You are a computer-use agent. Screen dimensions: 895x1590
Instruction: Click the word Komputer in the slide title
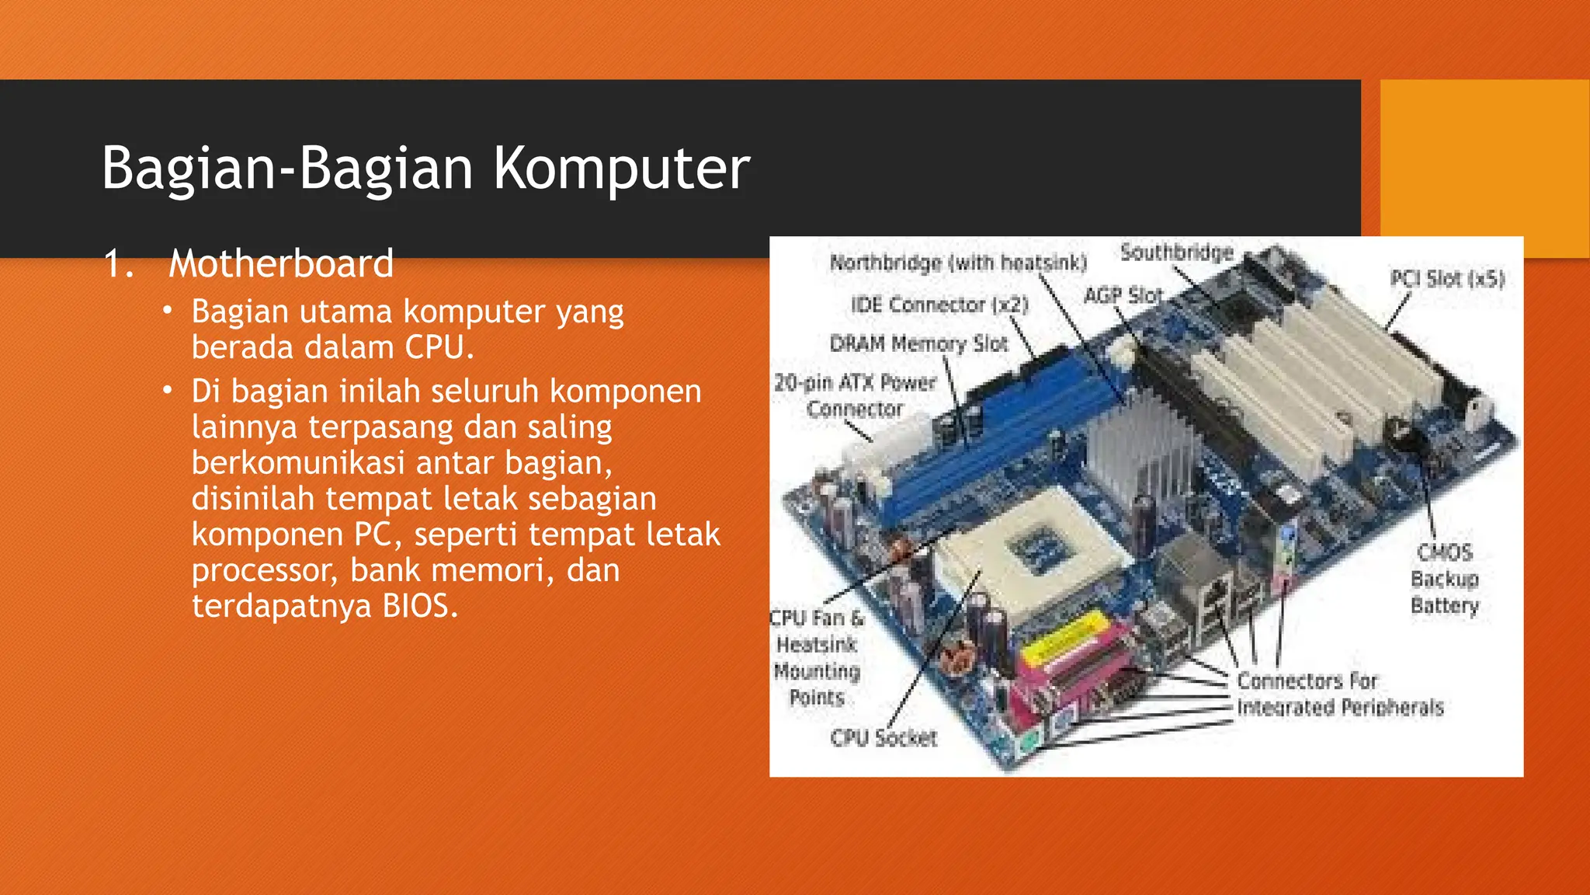pyautogui.click(x=621, y=169)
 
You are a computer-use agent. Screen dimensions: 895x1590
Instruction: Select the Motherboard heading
pyautogui.click(x=281, y=263)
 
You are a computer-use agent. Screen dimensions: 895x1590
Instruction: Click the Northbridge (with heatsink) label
pyautogui.click(x=958, y=263)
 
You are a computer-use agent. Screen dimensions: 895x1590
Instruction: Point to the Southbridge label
pyautogui.click(x=1176, y=252)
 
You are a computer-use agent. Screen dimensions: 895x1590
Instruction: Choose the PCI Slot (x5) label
pyautogui.click(x=1446, y=279)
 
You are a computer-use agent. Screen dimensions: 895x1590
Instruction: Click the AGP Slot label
pyautogui.click(x=1123, y=296)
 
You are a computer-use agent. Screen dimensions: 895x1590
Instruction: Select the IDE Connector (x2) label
pyautogui.click(x=939, y=305)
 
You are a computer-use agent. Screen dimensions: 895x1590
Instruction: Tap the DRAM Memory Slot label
pyautogui.click(x=918, y=343)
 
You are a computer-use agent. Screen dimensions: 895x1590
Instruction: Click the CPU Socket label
pyautogui.click(x=884, y=737)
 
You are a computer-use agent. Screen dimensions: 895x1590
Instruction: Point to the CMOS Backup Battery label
pyautogui.click(x=1445, y=579)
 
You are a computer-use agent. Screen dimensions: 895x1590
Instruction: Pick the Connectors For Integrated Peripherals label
pyautogui.click(x=1339, y=694)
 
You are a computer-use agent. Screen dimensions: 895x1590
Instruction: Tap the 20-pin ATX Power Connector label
pyautogui.click(x=855, y=395)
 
